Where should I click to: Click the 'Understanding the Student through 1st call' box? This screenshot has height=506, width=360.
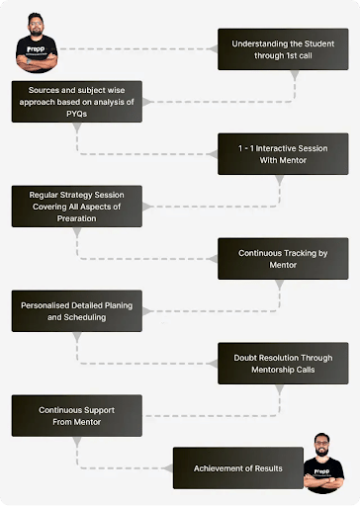click(x=283, y=49)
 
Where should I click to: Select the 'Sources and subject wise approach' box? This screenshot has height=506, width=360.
click(x=77, y=102)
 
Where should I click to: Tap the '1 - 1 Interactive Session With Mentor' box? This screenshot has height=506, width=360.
click(x=283, y=154)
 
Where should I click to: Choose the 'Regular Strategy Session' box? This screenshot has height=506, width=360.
click(x=77, y=207)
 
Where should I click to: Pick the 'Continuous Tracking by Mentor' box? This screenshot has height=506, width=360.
click(x=283, y=259)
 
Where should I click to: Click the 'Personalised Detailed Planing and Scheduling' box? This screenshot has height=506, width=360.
click(x=77, y=311)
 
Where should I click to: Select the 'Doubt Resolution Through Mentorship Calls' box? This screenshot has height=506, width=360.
click(x=283, y=364)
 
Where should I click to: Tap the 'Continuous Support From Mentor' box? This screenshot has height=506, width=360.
click(x=77, y=416)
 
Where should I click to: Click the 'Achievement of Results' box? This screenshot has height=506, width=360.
click(x=238, y=468)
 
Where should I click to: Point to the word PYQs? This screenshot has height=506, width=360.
click(x=76, y=114)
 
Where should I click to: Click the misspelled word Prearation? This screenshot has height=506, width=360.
click(x=76, y=218)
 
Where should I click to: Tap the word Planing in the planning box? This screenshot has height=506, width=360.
click(x=119, y=305)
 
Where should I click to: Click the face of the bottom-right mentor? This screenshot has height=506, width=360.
click(x=321, y=445)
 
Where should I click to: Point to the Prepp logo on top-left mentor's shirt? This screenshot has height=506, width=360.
click(x=36, y=49)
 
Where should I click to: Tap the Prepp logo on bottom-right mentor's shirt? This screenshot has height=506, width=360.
click(x=321, y=471)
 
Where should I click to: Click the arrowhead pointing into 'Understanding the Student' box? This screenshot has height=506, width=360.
click(x=213, y=49)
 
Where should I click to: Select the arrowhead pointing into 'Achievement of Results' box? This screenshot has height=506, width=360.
click(x=168, y=468)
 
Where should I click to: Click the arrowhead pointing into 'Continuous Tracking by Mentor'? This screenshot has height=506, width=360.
click(x=213, y=259)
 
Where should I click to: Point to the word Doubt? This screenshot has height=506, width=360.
click(x=244, y=358)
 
